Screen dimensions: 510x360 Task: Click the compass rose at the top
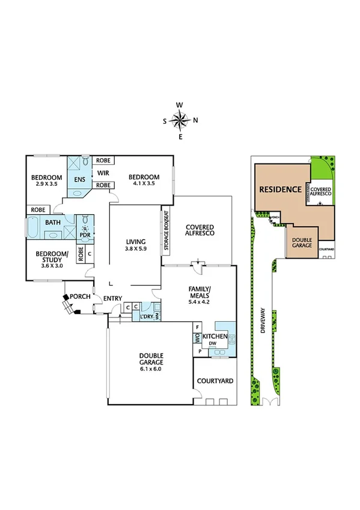[180, 121]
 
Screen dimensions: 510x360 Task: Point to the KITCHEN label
[214, 336]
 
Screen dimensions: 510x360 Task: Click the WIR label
[103, 173]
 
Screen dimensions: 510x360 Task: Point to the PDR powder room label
[85, 236]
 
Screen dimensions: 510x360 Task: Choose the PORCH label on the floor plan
[79, 296]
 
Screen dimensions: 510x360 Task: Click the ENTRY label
[112, 299]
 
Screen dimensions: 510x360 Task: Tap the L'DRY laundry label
[145, 316]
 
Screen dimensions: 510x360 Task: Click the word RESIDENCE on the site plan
[280, 189]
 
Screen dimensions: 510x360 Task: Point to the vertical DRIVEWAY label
[262, 325]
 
